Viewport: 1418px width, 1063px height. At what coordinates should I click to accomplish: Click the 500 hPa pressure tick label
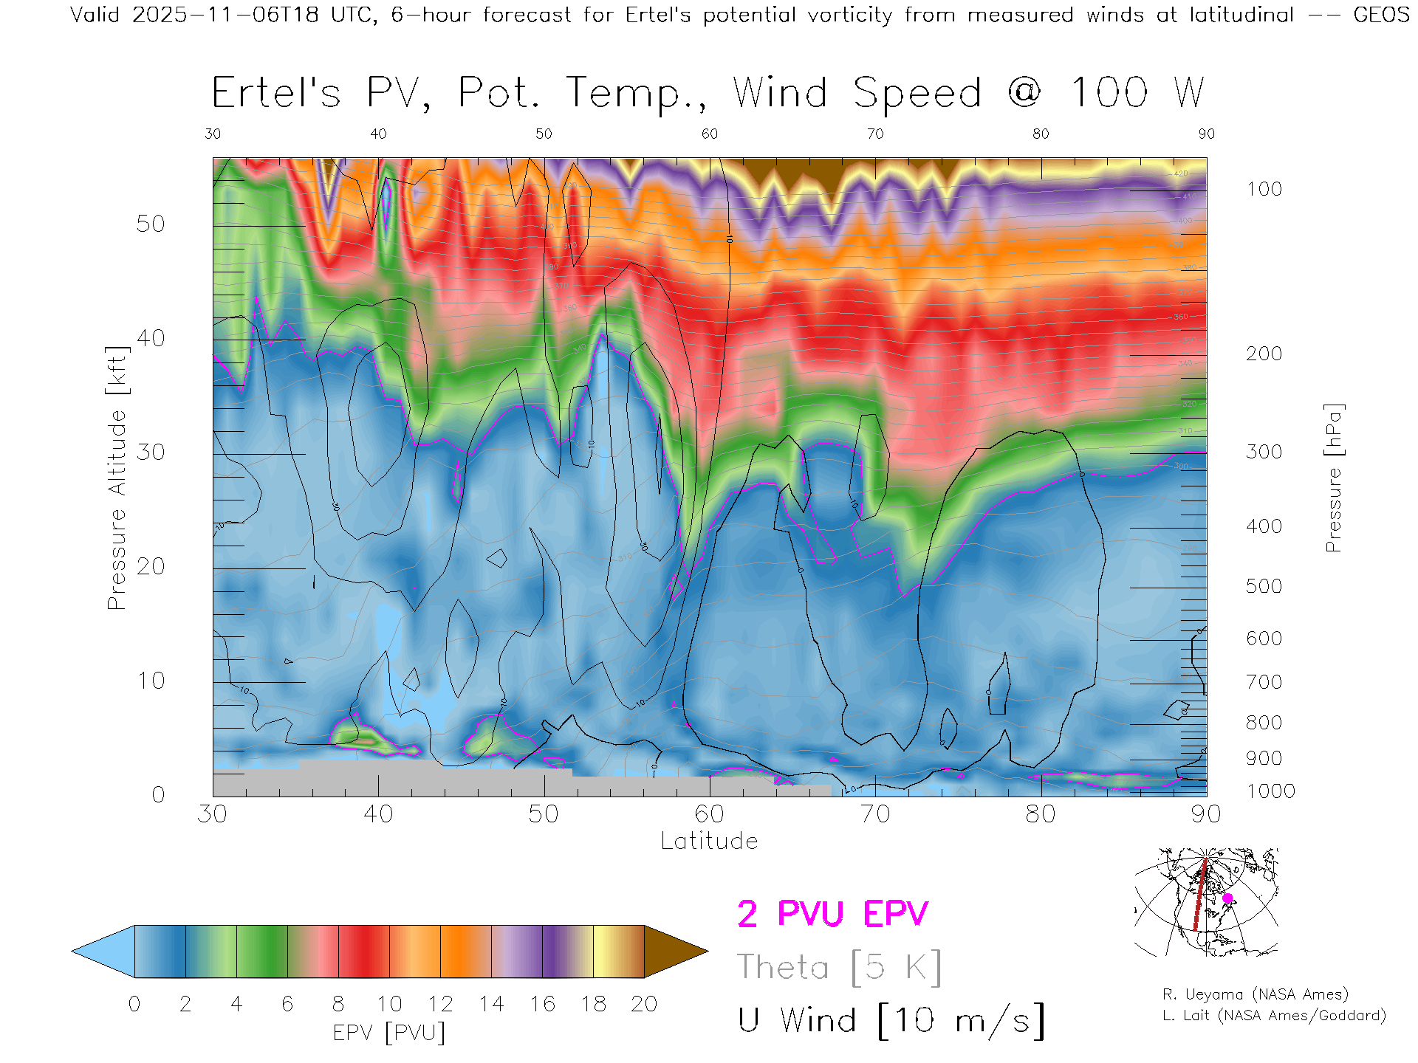pyautogui.click(x=1264, y=587)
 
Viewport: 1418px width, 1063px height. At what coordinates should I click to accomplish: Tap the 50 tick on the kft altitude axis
pyautogui.click(x=151, y=224)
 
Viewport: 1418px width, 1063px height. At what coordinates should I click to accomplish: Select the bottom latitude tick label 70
pyautogui.click(x=875, y=814)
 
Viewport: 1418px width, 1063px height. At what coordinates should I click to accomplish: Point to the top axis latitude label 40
pyautogui.click(x=378, y=134)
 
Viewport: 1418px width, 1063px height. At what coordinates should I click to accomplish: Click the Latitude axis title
pyautogui.click(x=709, y=842)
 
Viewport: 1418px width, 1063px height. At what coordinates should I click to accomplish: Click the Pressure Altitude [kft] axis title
pyautogui.click(x=117, y=478)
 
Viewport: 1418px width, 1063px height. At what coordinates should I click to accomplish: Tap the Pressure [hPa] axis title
pyautogui.click(x=1333, y=478)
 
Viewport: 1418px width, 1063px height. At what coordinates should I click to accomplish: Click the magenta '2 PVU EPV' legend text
pyautogui.click(x=832, y=914)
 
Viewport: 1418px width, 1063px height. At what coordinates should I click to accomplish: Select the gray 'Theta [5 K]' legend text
pyautogui.click(x=839, y=967)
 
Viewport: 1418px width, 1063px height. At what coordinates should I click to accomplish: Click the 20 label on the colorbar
pyautogui.click(x=644, y=1004)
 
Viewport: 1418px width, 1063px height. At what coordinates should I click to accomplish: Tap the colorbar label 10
pyautogui.click(x=389, y=1004)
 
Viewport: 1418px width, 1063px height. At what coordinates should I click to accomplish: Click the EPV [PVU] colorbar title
pyautogui.click(x=389, y=1033)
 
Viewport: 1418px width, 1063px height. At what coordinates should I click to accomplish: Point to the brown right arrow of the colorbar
pyautogui.click(x=674, y=952)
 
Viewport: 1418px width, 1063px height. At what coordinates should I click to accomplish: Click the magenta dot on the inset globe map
pyautogui.click(x=1227, y=898)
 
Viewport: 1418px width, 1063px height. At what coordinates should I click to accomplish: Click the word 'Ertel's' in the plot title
pyautogui.click(x=276, y=94)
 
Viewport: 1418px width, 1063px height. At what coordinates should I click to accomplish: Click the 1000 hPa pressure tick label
pyautogui.click(x=1270, y=791)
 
